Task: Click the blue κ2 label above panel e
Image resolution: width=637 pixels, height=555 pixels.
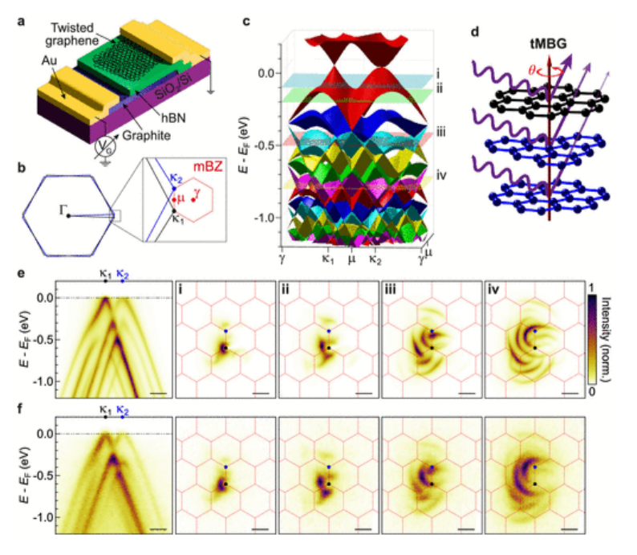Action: coord(122,275)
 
